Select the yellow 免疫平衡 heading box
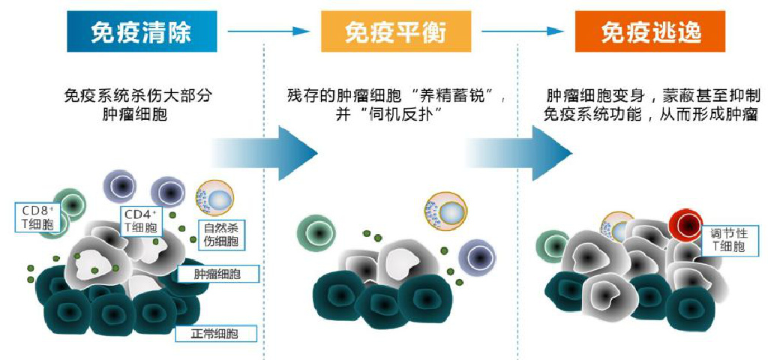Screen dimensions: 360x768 [395, 31]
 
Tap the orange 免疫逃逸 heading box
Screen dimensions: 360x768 [650, 31]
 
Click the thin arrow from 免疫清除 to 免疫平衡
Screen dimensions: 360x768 [268, 31]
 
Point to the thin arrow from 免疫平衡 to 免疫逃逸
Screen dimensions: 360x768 [523, 31]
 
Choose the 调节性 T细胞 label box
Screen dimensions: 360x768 [727, 238]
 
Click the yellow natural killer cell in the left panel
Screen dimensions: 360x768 [214, 199]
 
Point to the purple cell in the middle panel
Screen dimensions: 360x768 [477, 257]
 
